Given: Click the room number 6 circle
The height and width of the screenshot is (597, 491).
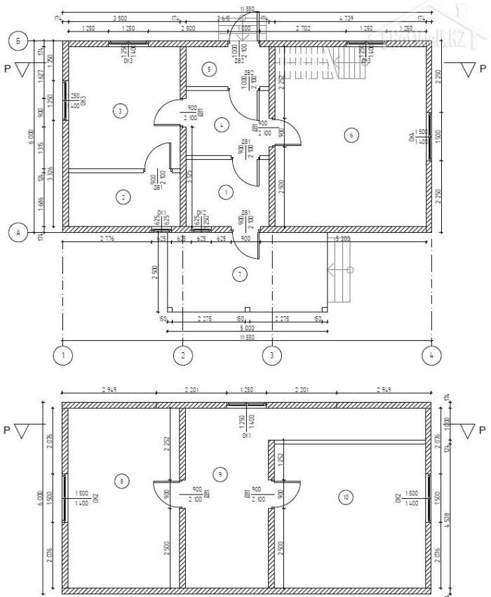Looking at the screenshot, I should [x=351, y=135].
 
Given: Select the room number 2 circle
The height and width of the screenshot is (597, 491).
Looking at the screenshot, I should [x=123, y=198].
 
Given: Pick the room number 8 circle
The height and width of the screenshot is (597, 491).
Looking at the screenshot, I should [x=123, y=481].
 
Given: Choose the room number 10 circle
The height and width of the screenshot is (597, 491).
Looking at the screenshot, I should [x=344, y=497].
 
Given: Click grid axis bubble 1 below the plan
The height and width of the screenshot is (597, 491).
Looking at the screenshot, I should [x=64, y=355].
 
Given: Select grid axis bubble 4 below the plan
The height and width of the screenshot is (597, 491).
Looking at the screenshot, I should [x=431, y=355].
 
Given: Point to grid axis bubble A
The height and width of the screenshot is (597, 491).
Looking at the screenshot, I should [x=19, y=232].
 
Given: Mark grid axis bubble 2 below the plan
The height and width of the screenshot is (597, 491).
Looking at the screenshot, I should [x=182, y=355].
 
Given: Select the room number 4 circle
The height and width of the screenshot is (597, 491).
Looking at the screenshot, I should [x=222, y=125].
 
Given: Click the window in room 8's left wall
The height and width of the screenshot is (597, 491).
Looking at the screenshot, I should [x=65, y=497].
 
